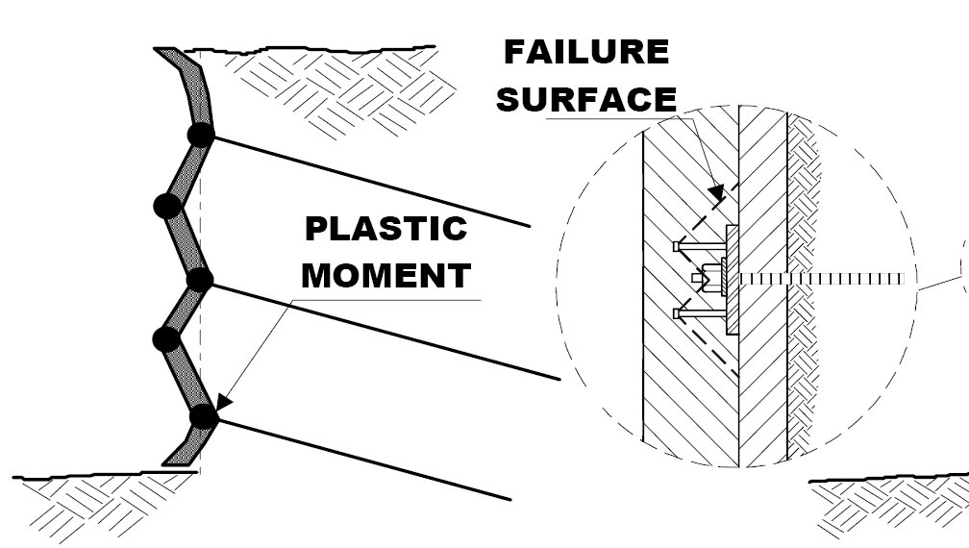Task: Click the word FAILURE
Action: (x=586, y=52)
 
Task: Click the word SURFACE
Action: (x=586, y=99)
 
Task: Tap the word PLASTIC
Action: (x=385, y=230)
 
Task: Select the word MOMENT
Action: (x=385, y=276)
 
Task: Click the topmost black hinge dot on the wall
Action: (x=201, y=136)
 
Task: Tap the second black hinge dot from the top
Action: (x=167, y=205)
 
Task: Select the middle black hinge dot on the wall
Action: (x=199, y=280)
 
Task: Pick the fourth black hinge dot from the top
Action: (x=166, y=338)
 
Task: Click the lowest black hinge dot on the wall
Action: (x=202, y=416)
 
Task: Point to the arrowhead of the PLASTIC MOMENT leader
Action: (x=221, y=404)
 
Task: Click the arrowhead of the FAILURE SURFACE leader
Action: (x=716, y=193)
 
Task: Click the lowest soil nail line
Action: (x=365, y=460)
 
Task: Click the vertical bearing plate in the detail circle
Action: (x=732, y=280)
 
